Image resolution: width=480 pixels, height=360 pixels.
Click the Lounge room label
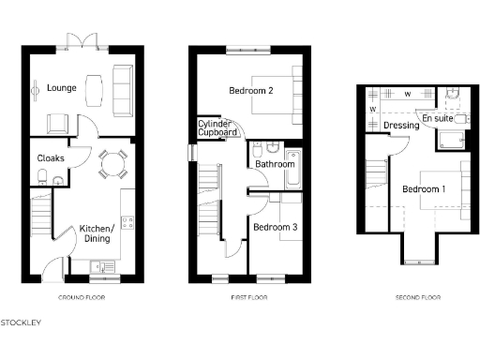pyautogui.click(x=62, y=89)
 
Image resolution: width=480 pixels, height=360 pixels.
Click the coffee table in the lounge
pyautogui.click(x=93, y=90)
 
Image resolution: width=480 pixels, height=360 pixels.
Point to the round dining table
pyautogui.click(x=112, y=165)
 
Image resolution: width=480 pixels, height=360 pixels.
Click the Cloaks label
pyautogui.click(x=51, y=158)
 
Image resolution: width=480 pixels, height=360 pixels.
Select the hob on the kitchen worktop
pyautogui.click(x=127, y=223)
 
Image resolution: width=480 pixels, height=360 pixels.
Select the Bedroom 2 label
pyautogui.click(x=250, y=91)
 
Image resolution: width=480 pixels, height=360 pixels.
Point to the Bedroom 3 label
pyautogui.click(x=276, y=228)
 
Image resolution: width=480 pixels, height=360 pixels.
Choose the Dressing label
pyautogui.click(x=401, y=126)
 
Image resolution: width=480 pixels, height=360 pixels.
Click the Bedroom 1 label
pyautogui.click(x=424, y=189)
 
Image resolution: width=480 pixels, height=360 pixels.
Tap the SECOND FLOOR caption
pyautogui.click(x=418, y=298)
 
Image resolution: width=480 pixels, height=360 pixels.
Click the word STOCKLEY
pyautogui.click(x=21, y=323)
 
